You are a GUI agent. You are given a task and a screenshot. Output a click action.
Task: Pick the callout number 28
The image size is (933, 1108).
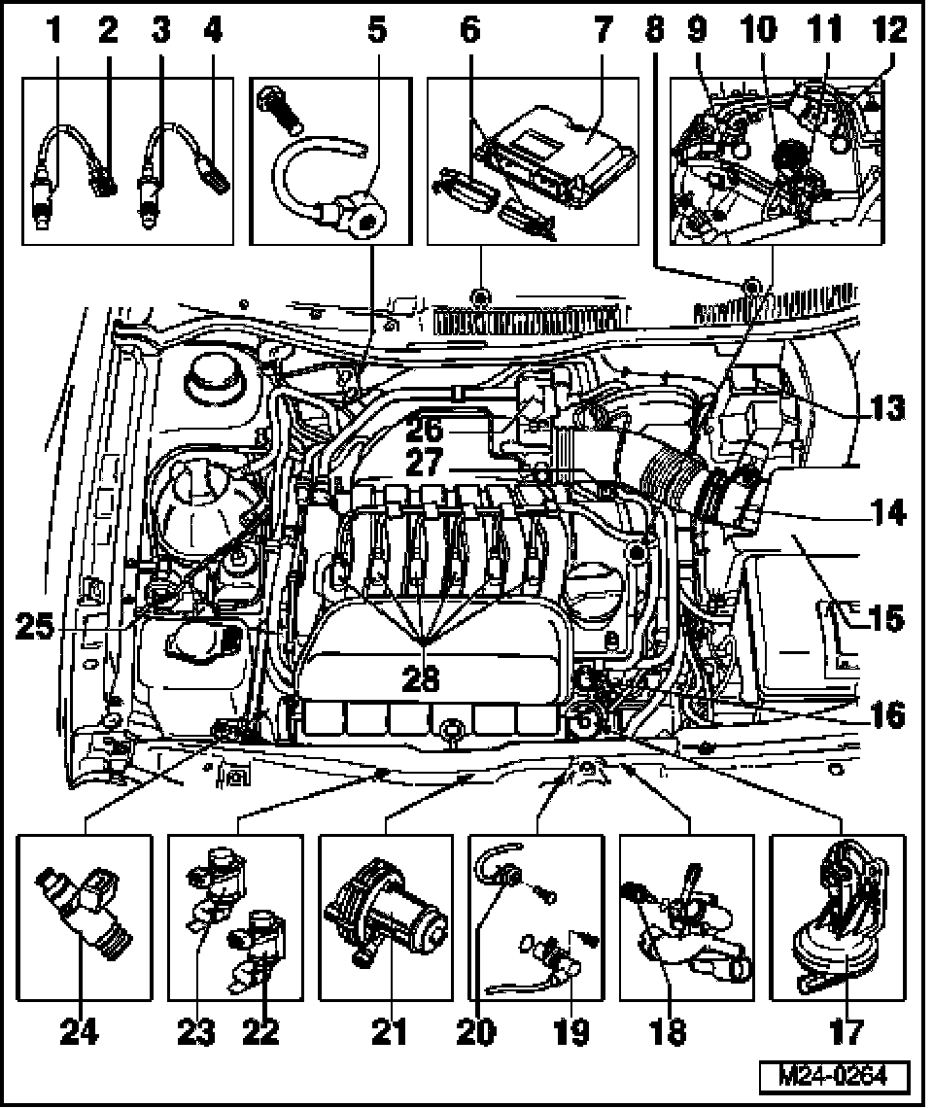click(x=422, y=677)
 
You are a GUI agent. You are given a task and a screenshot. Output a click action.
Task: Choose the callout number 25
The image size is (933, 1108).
click(x=36, y=628)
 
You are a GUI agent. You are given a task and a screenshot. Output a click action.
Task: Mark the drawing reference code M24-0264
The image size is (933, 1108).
click(x=836, y=1077)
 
